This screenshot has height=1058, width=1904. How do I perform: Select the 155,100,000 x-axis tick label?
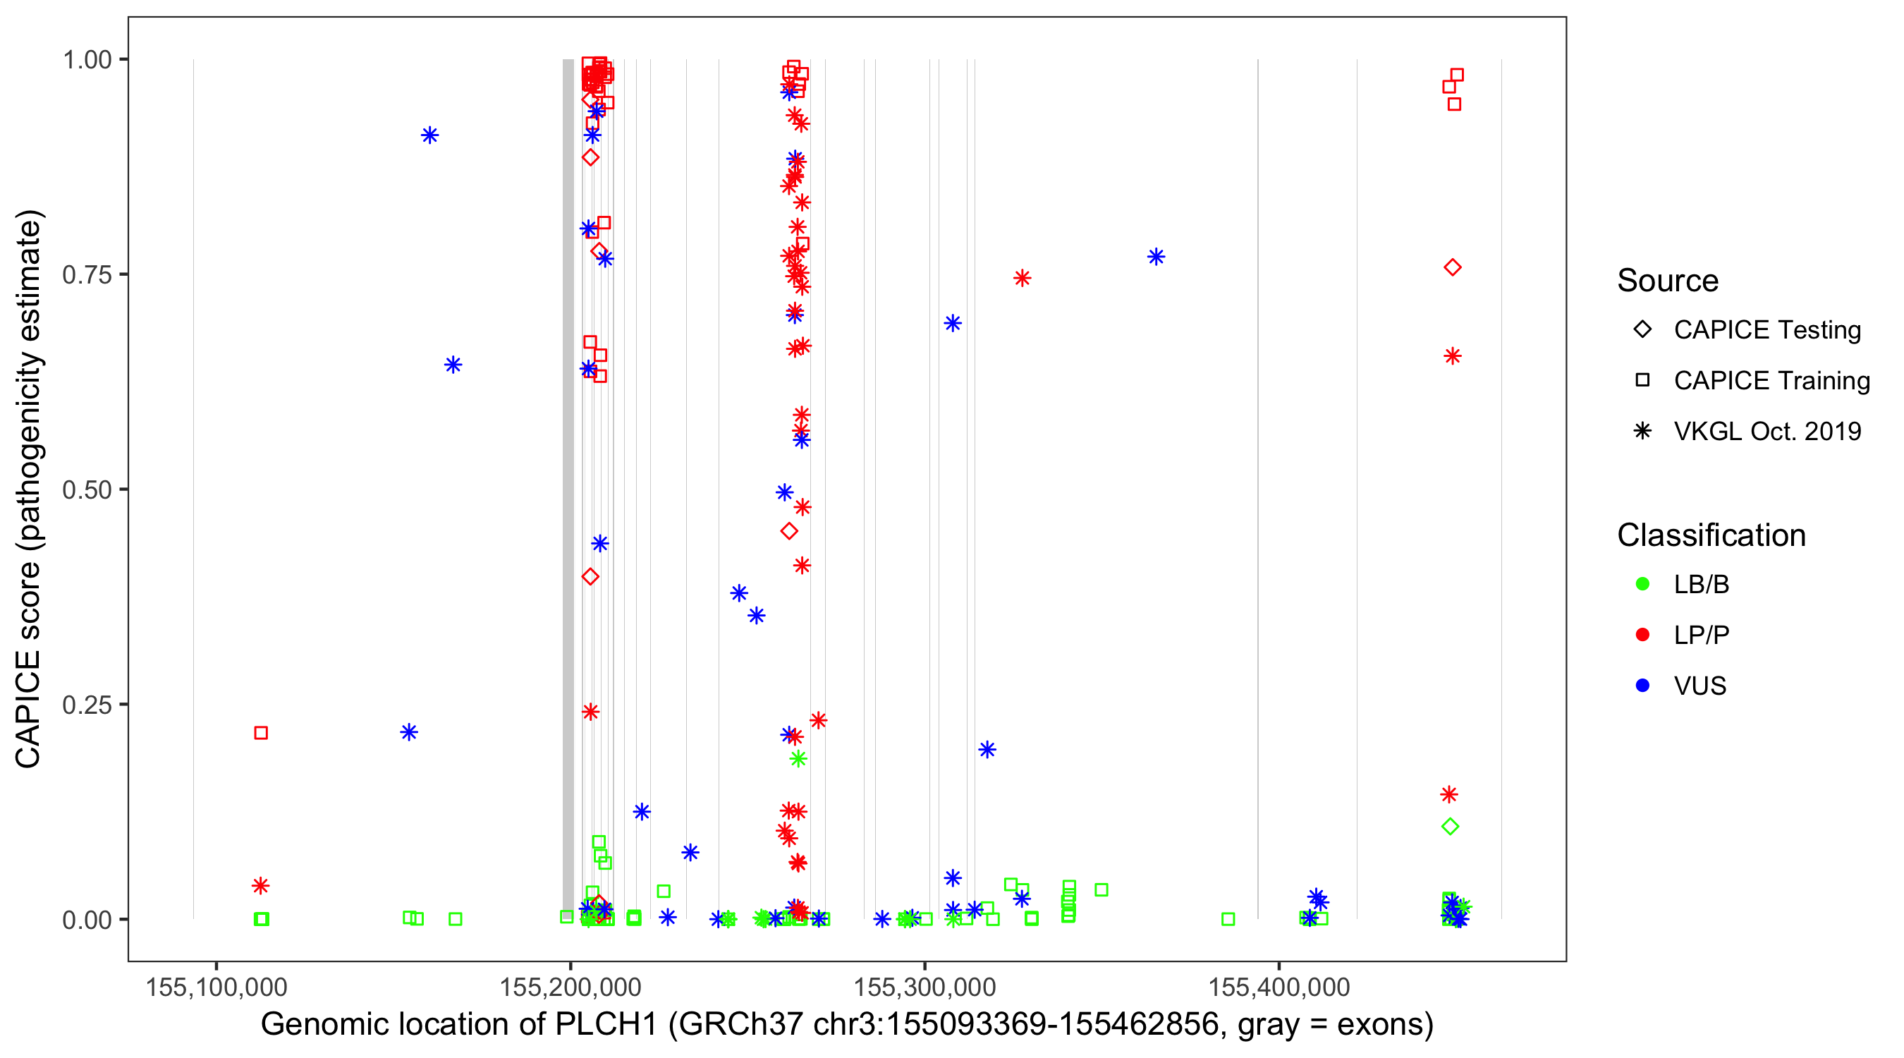(216, 987)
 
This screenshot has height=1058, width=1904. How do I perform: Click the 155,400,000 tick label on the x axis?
(1279, 987)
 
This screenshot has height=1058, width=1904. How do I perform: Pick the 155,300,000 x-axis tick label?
(924, 987)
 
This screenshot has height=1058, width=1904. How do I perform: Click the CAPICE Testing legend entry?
(1766, 330)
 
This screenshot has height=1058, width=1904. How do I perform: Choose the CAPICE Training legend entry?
(1771, 381)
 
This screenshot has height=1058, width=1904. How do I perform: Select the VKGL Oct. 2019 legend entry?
(1766, 432)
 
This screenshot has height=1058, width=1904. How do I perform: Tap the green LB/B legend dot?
(1642, 584)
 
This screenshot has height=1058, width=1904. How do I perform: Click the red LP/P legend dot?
(1642, 635)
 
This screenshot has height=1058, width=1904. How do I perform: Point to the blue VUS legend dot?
(1642, 686)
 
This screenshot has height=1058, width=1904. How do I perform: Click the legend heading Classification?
(1710, 535)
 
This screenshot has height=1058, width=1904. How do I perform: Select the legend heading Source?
(1668, 281)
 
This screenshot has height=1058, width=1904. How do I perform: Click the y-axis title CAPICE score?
(30, 489)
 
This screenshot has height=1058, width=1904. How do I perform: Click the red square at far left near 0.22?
(261, 733)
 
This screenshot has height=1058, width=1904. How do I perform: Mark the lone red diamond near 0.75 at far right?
(1453, 267)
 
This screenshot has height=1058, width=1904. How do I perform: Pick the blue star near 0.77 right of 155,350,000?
(1156, 257)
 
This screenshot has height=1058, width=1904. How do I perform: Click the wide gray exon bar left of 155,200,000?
(568, 488)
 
